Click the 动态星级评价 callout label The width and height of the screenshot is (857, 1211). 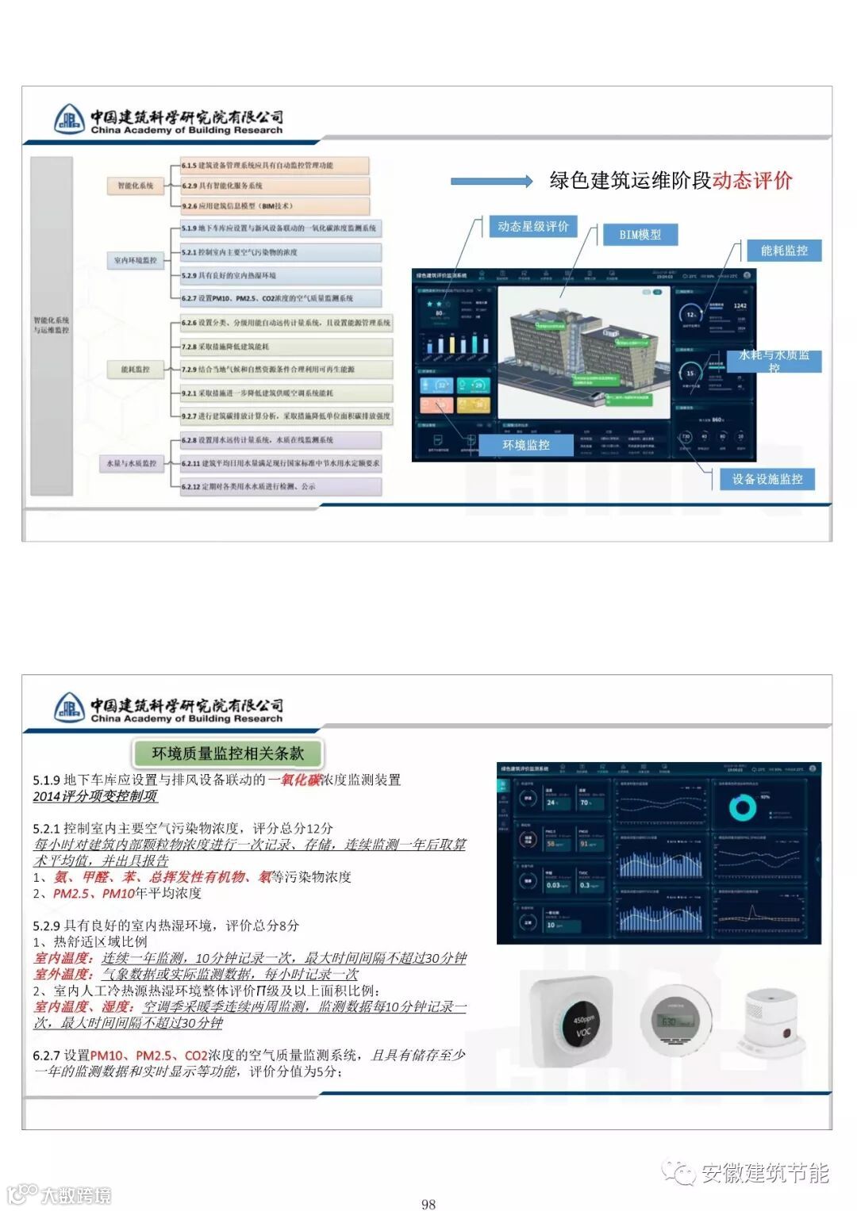pyautogui.click(x=532, y=227)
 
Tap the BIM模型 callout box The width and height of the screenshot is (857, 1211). pyautogui.click(x=640, y=235)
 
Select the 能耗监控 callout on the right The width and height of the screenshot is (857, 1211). pyautogui.click(x=784, y=251)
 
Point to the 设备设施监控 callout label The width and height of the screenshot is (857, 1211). pyautogui.click(x=767, y=479)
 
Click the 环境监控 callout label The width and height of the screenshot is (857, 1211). pyautogui.click(x=526, y=445)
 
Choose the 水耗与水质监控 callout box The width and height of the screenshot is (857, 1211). pyautogui.click(x=774, y=361)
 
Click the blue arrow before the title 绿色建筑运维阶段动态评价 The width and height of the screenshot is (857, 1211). pyautogui.click(x=491, y=182)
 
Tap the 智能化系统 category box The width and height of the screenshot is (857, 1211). pyautogui.click(x=136, y=186)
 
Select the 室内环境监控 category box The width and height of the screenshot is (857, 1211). pyautogui.click(x=136, y=260)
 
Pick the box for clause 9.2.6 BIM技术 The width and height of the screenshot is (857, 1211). pyautogui.click(x=275, y=206)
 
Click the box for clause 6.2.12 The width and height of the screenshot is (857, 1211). pyautogui.click(x=280, y=486)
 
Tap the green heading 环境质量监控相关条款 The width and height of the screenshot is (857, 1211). pyautogui.click(x=228, y=753)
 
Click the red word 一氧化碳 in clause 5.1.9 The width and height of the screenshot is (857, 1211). pyautogui.click(x=294, y=780)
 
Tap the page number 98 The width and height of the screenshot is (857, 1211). pyautogui.click(x=428, y=1204)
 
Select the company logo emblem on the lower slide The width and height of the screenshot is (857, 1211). pyautogui.click(x=69, y=707)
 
